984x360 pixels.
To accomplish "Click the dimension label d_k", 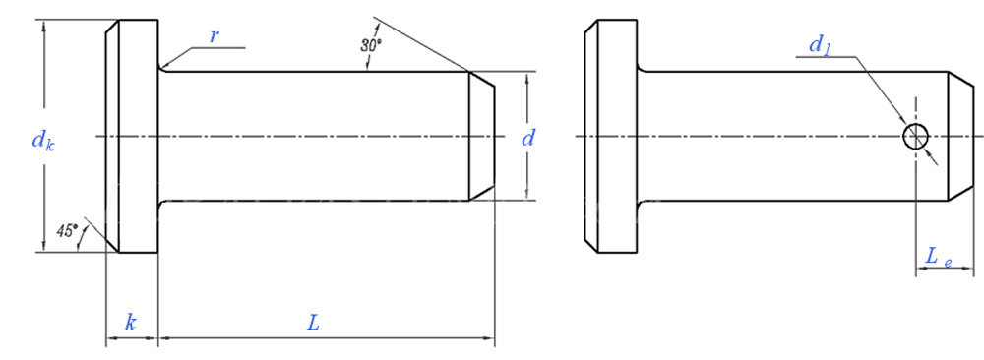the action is pyautogui.click(x=43, y=141).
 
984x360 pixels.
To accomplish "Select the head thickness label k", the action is pyautogui.click(x=131, y=323).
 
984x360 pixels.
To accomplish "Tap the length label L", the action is pyautogui.click(x=313, y=323).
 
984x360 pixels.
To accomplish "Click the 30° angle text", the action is pyautogui.click(x=370, y=45).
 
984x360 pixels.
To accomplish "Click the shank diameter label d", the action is pyautogui.click(x=527, y=138).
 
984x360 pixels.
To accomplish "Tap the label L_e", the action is pyautogui.click(x=939, y=257).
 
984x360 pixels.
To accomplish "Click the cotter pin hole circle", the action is pyautogui.click(x=916, y=136).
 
